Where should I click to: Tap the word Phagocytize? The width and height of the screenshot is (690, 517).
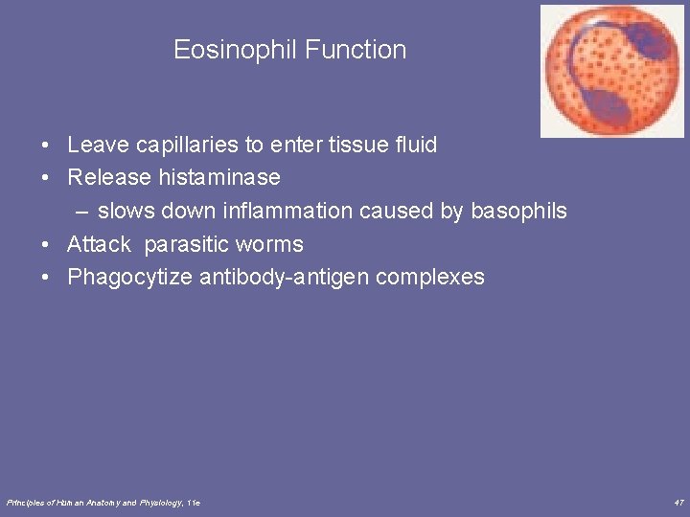129,278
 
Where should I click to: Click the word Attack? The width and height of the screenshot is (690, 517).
99,245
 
